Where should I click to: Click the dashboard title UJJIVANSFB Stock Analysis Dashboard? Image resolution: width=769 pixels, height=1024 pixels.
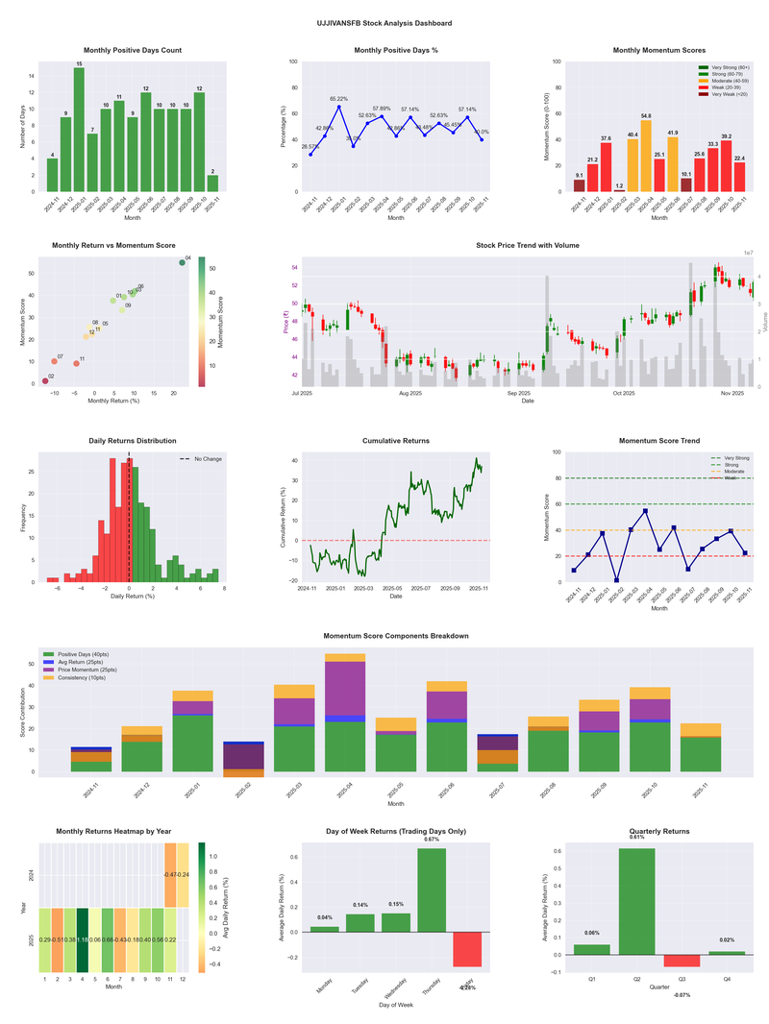click(384, 22)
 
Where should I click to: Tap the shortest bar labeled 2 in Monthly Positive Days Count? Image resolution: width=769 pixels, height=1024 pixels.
click(212, 183)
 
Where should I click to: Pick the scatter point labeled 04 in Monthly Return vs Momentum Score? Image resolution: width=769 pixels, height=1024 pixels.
click(182, 262)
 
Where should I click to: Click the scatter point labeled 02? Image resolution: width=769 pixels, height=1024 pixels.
click(44, 381)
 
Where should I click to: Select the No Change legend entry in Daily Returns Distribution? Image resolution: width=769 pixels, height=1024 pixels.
click(203, 459)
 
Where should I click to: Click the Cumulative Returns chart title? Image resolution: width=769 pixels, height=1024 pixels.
click(396, 441)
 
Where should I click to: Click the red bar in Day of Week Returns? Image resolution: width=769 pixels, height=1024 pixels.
click(466, 949)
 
